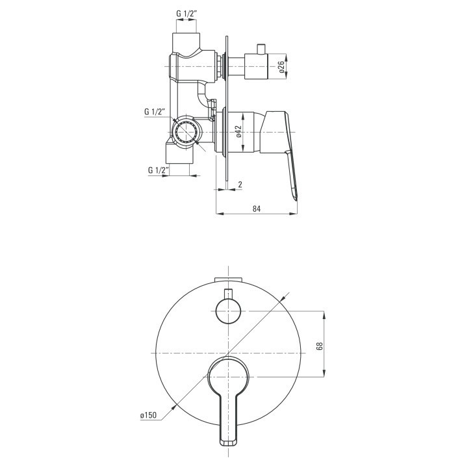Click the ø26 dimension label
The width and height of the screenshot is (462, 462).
(x=281, y=67)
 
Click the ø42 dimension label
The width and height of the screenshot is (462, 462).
(x=238, y=131)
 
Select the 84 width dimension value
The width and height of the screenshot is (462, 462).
(x=257, y=209)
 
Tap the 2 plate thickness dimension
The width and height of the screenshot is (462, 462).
(x=240, y=185)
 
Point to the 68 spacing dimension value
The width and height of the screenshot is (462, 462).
(x=320, y=346)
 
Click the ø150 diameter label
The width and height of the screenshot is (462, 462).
(x=149, y=415)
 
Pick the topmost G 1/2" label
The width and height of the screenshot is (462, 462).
(x=186, y=14)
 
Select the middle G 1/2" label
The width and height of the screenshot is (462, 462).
(x=155, y=112)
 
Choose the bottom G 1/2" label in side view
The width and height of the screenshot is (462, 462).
(x=159, y=170)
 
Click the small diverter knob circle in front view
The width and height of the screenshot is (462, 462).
(x=228, y=311)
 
